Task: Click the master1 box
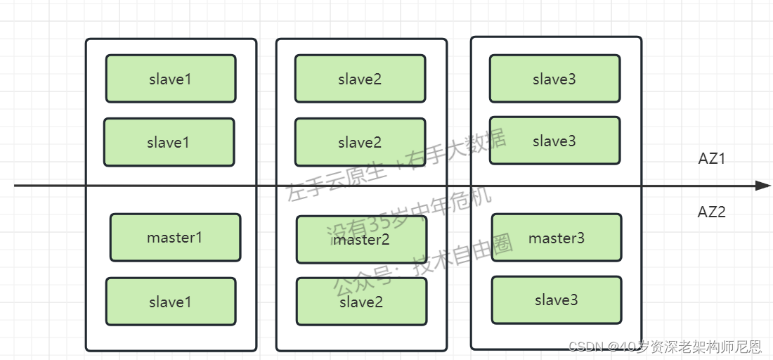pos(175,238)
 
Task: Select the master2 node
pos(361,240)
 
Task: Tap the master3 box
pos(556,238)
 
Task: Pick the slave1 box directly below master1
pos(170,302)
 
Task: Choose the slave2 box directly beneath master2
pos(361,302)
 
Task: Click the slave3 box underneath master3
pos(556,300)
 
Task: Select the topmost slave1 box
pos(170,79)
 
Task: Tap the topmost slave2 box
pos(360,79)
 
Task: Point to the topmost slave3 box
pos(554,79)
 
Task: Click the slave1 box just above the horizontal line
pos(169,142)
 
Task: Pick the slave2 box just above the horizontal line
pos(360,142)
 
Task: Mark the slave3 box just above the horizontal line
pos(554,141)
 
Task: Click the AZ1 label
pos(711,159)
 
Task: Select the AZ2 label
pos(711,212)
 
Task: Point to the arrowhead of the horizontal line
pos(763,186)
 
